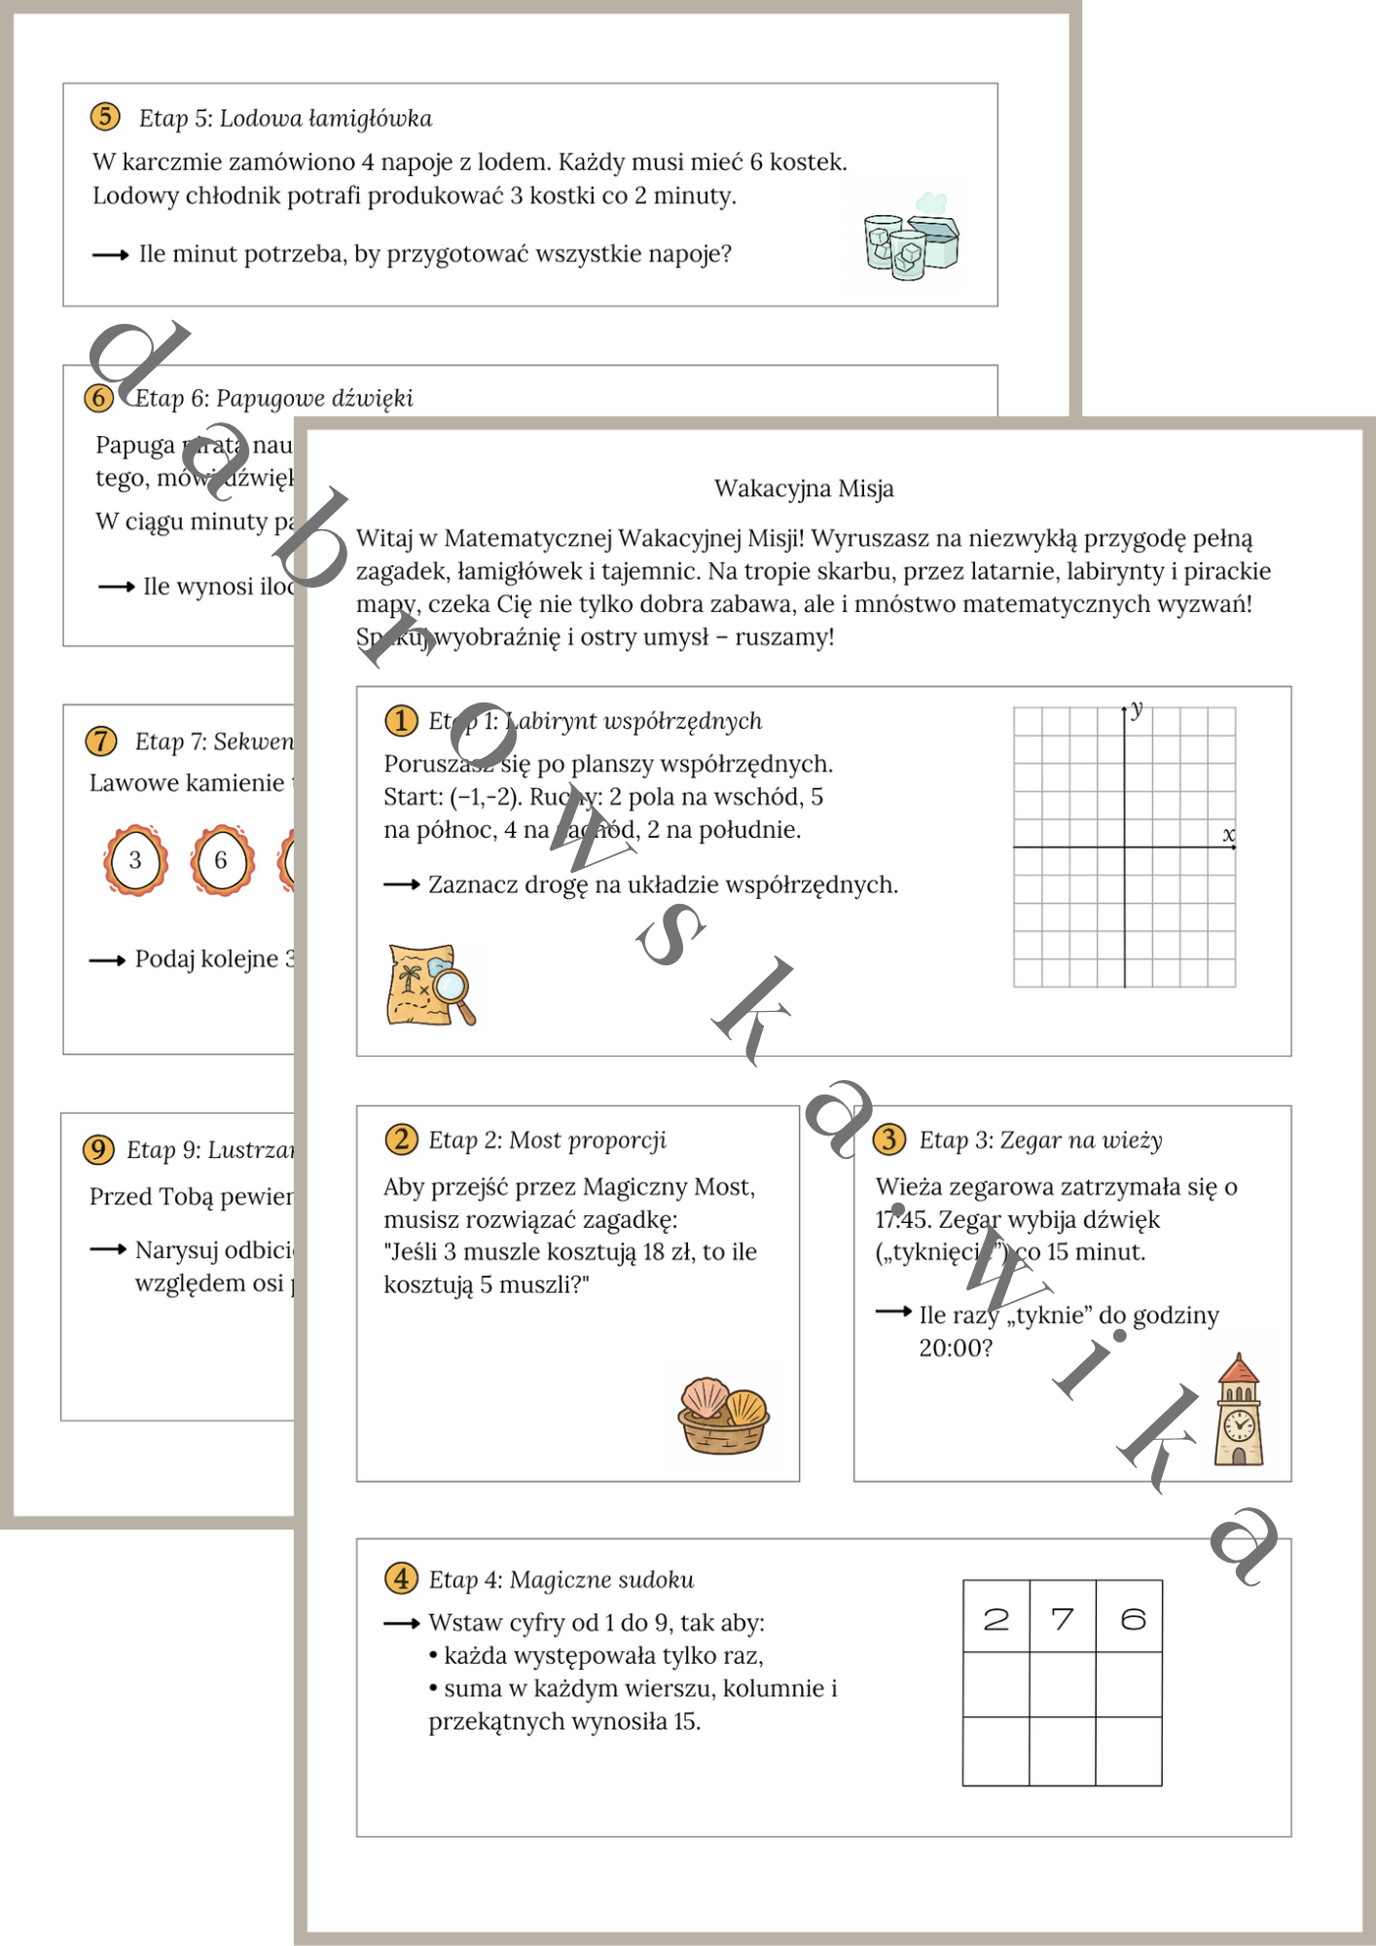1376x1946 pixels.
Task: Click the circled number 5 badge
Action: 105,117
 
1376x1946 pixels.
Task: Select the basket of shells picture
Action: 723,1416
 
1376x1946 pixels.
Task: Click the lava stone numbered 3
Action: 135,860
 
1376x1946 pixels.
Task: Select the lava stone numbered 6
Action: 222,860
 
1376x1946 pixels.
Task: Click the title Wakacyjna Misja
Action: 804,488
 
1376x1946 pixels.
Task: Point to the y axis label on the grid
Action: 1137,709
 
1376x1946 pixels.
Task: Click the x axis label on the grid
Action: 1229,835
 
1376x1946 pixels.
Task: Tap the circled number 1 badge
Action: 401,721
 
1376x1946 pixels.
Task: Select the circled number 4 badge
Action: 401,1578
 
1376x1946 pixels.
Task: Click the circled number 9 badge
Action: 98,1149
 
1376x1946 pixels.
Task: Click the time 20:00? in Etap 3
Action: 956,1348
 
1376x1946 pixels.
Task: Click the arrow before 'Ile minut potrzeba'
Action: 110,255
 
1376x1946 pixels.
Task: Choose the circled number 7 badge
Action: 101,741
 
